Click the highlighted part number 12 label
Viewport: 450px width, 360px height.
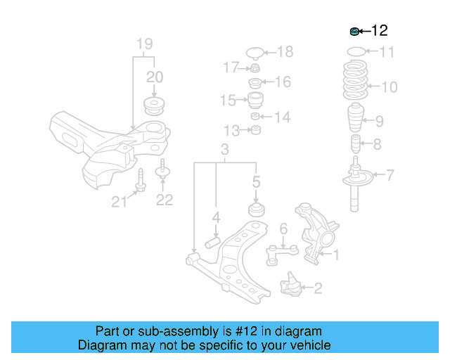click(x=379, y=31)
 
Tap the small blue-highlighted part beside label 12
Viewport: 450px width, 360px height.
click(x=355, y=31)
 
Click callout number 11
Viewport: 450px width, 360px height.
click(x=387, y=52)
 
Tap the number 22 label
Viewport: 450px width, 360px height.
click(x=164, y=200)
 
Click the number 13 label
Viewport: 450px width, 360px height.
click(x=232, y=131)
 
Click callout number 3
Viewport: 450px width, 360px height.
click(x=225, y=150)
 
